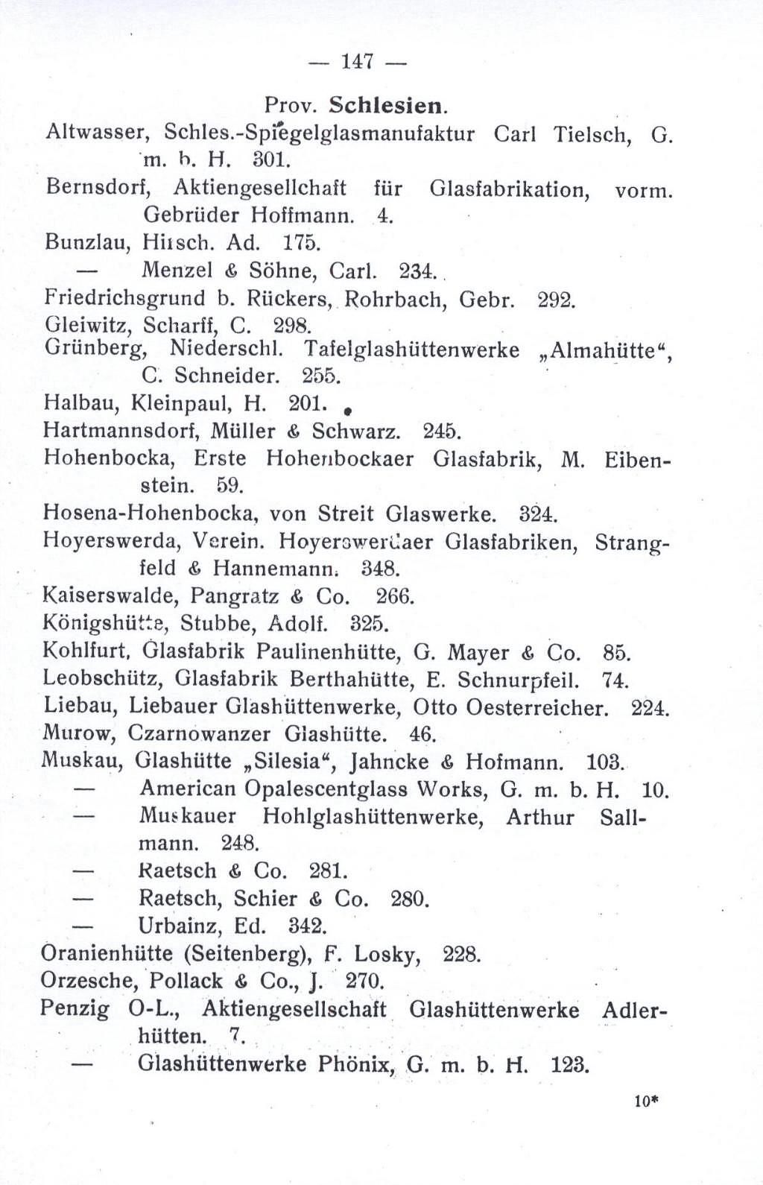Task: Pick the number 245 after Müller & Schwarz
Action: [x=441, y=431]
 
